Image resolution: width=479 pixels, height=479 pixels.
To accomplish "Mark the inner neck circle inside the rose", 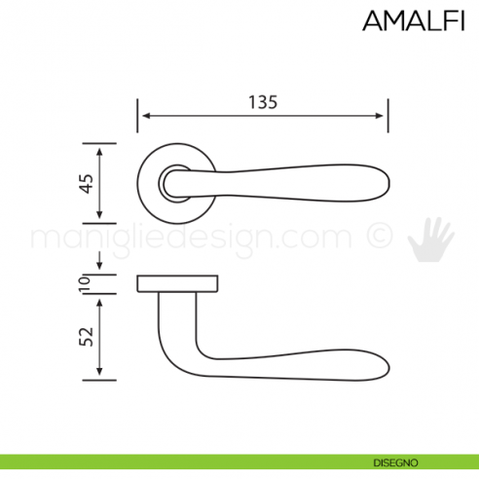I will pos(175,182).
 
